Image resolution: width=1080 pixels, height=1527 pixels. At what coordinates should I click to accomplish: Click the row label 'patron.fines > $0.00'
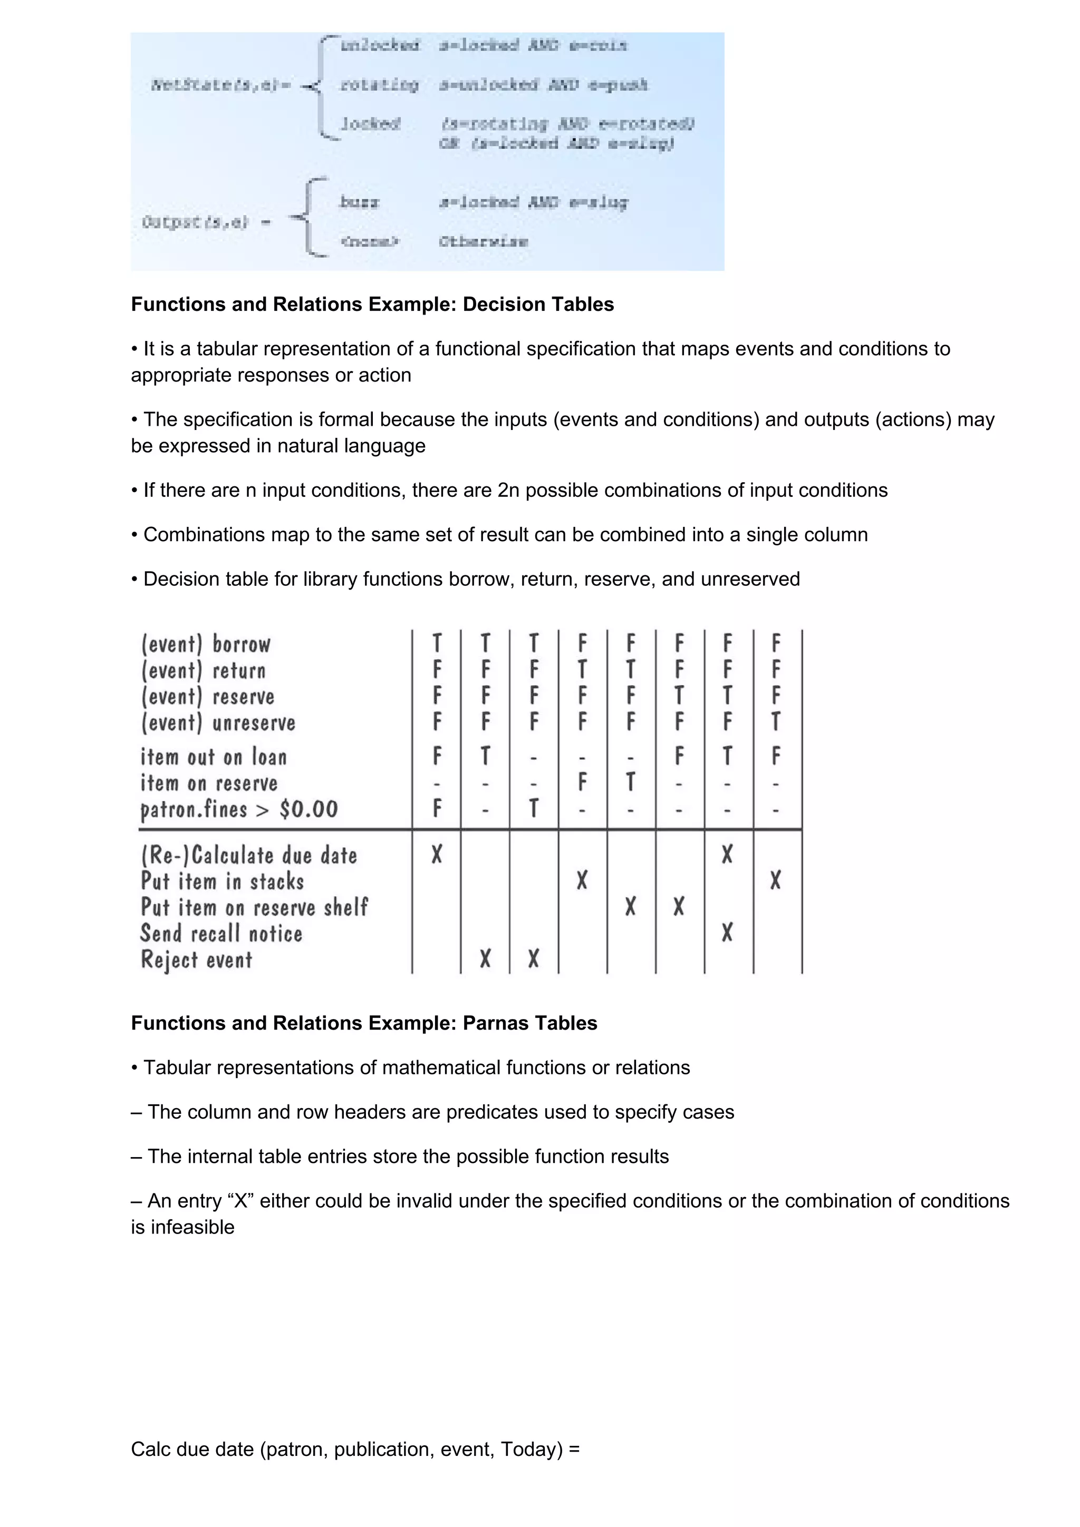[x=239, y=809]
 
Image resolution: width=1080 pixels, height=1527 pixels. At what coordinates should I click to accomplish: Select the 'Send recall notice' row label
[x=221, y=934]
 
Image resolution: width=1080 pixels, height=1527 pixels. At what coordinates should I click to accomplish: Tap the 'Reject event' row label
[x=196, y=960]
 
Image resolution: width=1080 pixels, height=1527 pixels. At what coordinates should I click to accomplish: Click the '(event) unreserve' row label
[x=218, y=723]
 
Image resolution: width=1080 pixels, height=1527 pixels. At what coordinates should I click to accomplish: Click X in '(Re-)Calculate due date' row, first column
[x=437, y=854]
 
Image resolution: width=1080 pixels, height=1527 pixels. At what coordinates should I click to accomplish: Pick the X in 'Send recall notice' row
[x=727, y=933]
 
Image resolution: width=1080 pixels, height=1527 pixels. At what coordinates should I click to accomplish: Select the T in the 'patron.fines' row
[x=534, y=808]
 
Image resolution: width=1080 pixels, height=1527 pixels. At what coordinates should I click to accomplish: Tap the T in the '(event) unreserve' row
[x=775, y=721]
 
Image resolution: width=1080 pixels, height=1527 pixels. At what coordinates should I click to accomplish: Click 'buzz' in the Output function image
[x=359, y=202]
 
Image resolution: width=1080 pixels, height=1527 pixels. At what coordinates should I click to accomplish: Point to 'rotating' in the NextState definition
[x=379, y=85]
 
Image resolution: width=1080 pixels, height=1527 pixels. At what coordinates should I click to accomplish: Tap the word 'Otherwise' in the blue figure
[x=483, y=241]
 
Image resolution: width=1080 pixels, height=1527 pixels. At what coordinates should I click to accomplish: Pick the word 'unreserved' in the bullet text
[x=750, y=579]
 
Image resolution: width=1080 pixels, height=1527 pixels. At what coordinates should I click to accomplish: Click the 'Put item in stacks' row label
[x=222, y=881]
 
